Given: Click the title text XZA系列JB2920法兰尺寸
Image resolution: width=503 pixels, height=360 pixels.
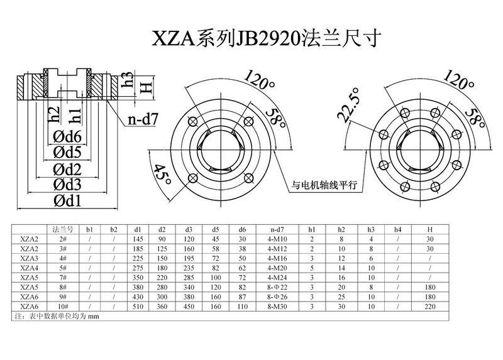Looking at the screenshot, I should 264,38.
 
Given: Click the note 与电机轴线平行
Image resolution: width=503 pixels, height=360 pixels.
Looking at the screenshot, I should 324,185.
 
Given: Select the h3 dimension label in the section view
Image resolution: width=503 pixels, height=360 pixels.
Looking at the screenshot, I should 128,80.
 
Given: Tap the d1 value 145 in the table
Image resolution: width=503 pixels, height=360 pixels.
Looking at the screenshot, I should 138,239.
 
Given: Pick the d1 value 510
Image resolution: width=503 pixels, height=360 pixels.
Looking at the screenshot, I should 138,307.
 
